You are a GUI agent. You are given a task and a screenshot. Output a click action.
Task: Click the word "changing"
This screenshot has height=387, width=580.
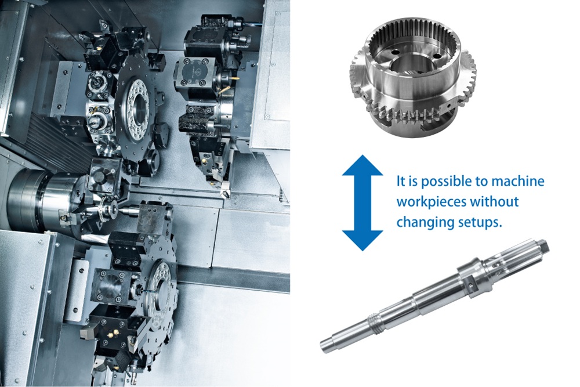pyautogui.click(x=419, y=223)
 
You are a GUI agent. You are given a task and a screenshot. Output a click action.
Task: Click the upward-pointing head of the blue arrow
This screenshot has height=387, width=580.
pyautogui.click(x=362, y=165)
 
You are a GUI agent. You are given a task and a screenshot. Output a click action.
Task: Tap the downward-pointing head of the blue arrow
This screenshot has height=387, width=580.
pyautogui.click(x=362, y=241)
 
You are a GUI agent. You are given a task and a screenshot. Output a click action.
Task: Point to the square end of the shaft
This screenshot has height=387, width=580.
pyautogui.click(x=542, y=246)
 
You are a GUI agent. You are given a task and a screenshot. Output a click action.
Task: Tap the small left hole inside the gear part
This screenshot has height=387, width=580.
pyautogui.click(x=394, y=52)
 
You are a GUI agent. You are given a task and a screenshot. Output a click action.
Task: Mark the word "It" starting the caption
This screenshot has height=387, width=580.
pyautogui.click(x=400, y=181)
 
